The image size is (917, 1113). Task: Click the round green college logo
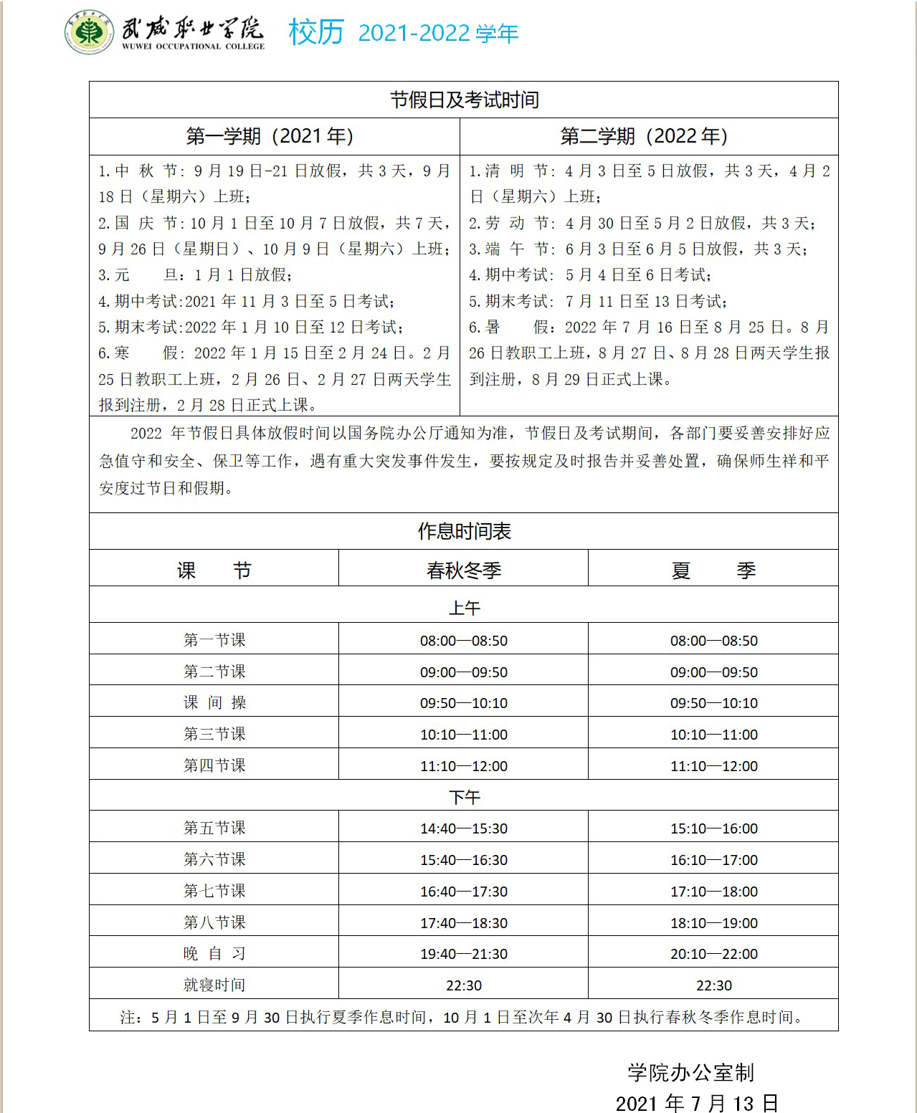88,32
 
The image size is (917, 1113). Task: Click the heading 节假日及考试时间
464,100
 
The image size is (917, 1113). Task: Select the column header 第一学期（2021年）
270,136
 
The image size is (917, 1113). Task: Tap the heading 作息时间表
464,531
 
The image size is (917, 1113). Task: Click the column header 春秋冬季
464,570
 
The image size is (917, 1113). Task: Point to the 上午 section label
464,608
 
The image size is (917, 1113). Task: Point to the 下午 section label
464,797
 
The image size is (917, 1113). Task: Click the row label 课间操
214,703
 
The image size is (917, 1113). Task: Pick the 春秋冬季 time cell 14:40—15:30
464,828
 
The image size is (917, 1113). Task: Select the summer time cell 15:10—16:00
713,828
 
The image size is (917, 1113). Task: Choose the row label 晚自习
214,954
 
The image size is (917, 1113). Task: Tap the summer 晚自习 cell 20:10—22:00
713,954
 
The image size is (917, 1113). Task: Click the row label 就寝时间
214,985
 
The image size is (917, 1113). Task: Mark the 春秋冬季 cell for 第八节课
464,923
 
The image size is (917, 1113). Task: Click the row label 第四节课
214,765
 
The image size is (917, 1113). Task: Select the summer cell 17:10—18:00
713,892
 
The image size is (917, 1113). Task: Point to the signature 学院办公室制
690,1072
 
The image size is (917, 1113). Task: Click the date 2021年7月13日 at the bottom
696,1102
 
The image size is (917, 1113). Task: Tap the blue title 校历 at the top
316,32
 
